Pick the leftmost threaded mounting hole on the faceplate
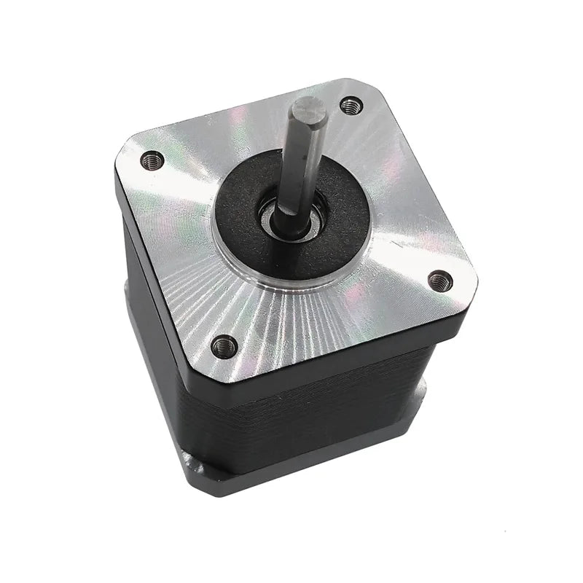152,159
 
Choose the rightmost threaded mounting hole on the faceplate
439,280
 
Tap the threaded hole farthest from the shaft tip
224,345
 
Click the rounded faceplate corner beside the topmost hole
364,89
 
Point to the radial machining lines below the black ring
291,321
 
